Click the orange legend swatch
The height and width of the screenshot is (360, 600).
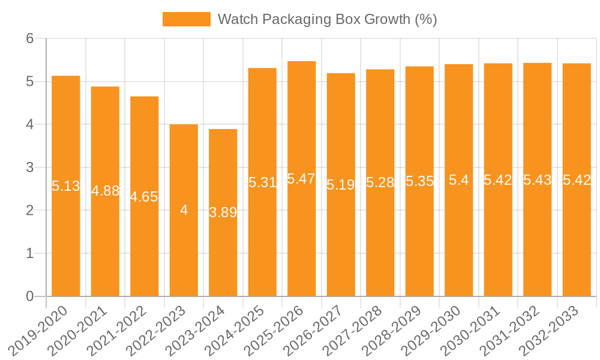186,19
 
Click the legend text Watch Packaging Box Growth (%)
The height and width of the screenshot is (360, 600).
327,19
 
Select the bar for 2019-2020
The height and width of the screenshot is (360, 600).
66,240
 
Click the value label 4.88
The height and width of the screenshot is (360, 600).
105,191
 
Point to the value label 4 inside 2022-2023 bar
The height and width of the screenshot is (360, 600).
184,210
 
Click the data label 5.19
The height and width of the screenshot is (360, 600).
341,184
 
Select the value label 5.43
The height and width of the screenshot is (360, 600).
537,179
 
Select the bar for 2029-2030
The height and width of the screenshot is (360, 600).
459,240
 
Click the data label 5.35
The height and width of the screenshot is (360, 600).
419,181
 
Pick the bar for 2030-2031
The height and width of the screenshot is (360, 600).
498,240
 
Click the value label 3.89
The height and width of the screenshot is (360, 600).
223,212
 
